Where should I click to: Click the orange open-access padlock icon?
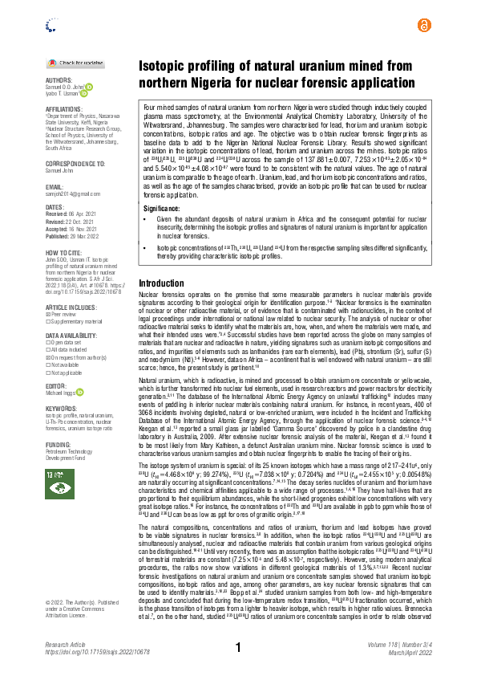pyautogui.click(x=423, y=26)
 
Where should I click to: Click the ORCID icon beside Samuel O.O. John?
pyautogui.click(x=90, y=87)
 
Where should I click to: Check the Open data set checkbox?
pyautogui.click(x=48, y=320)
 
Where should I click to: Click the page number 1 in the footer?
pyautogui.click(x=238, y=647)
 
